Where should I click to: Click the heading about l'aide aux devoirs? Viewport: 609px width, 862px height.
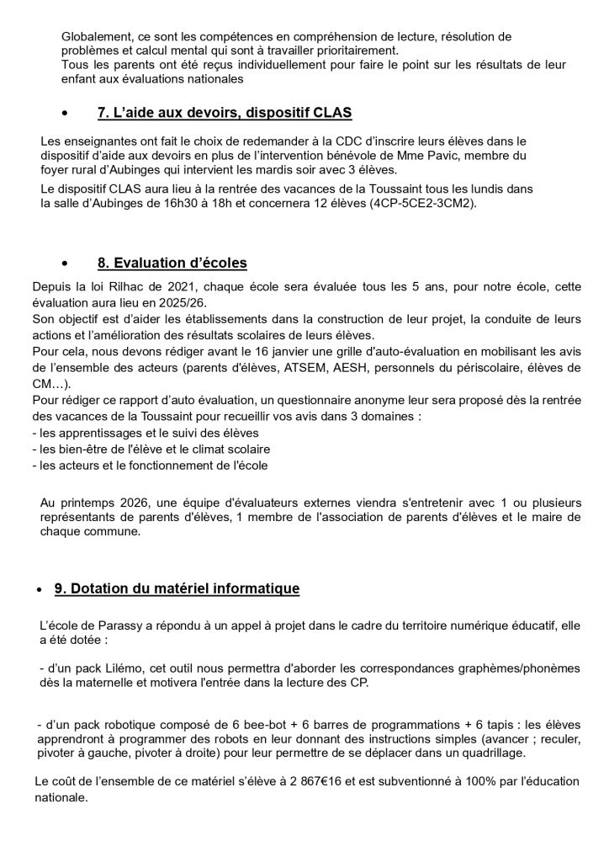pos(225,113)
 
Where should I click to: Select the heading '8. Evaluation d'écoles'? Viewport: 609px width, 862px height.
pos(172,263)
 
